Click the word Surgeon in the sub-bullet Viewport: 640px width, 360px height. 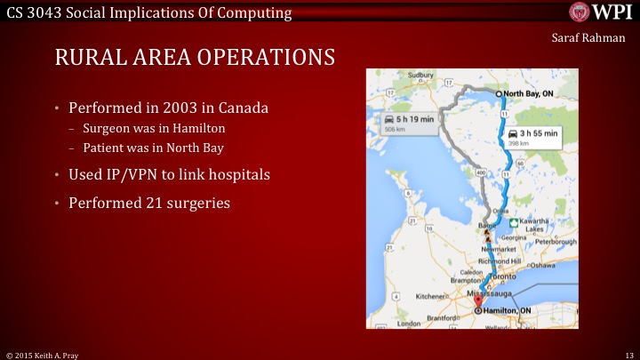[106, 128]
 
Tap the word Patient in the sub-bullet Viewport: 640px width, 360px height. [103, 147]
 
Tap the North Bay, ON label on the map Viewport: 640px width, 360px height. [531, 92]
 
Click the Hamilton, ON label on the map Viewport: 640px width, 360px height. [511, 310]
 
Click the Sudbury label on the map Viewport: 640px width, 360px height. [420, 76]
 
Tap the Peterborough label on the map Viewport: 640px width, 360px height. [555, 241]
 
